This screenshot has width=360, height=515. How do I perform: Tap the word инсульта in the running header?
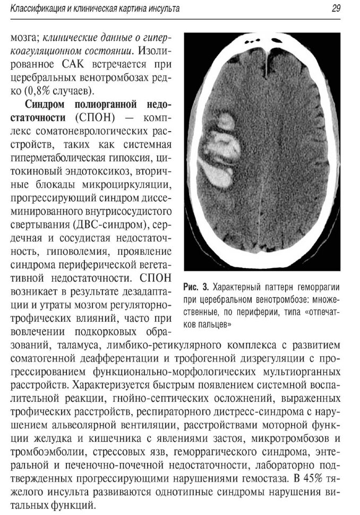pyautogui.click(x=160, y=8)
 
